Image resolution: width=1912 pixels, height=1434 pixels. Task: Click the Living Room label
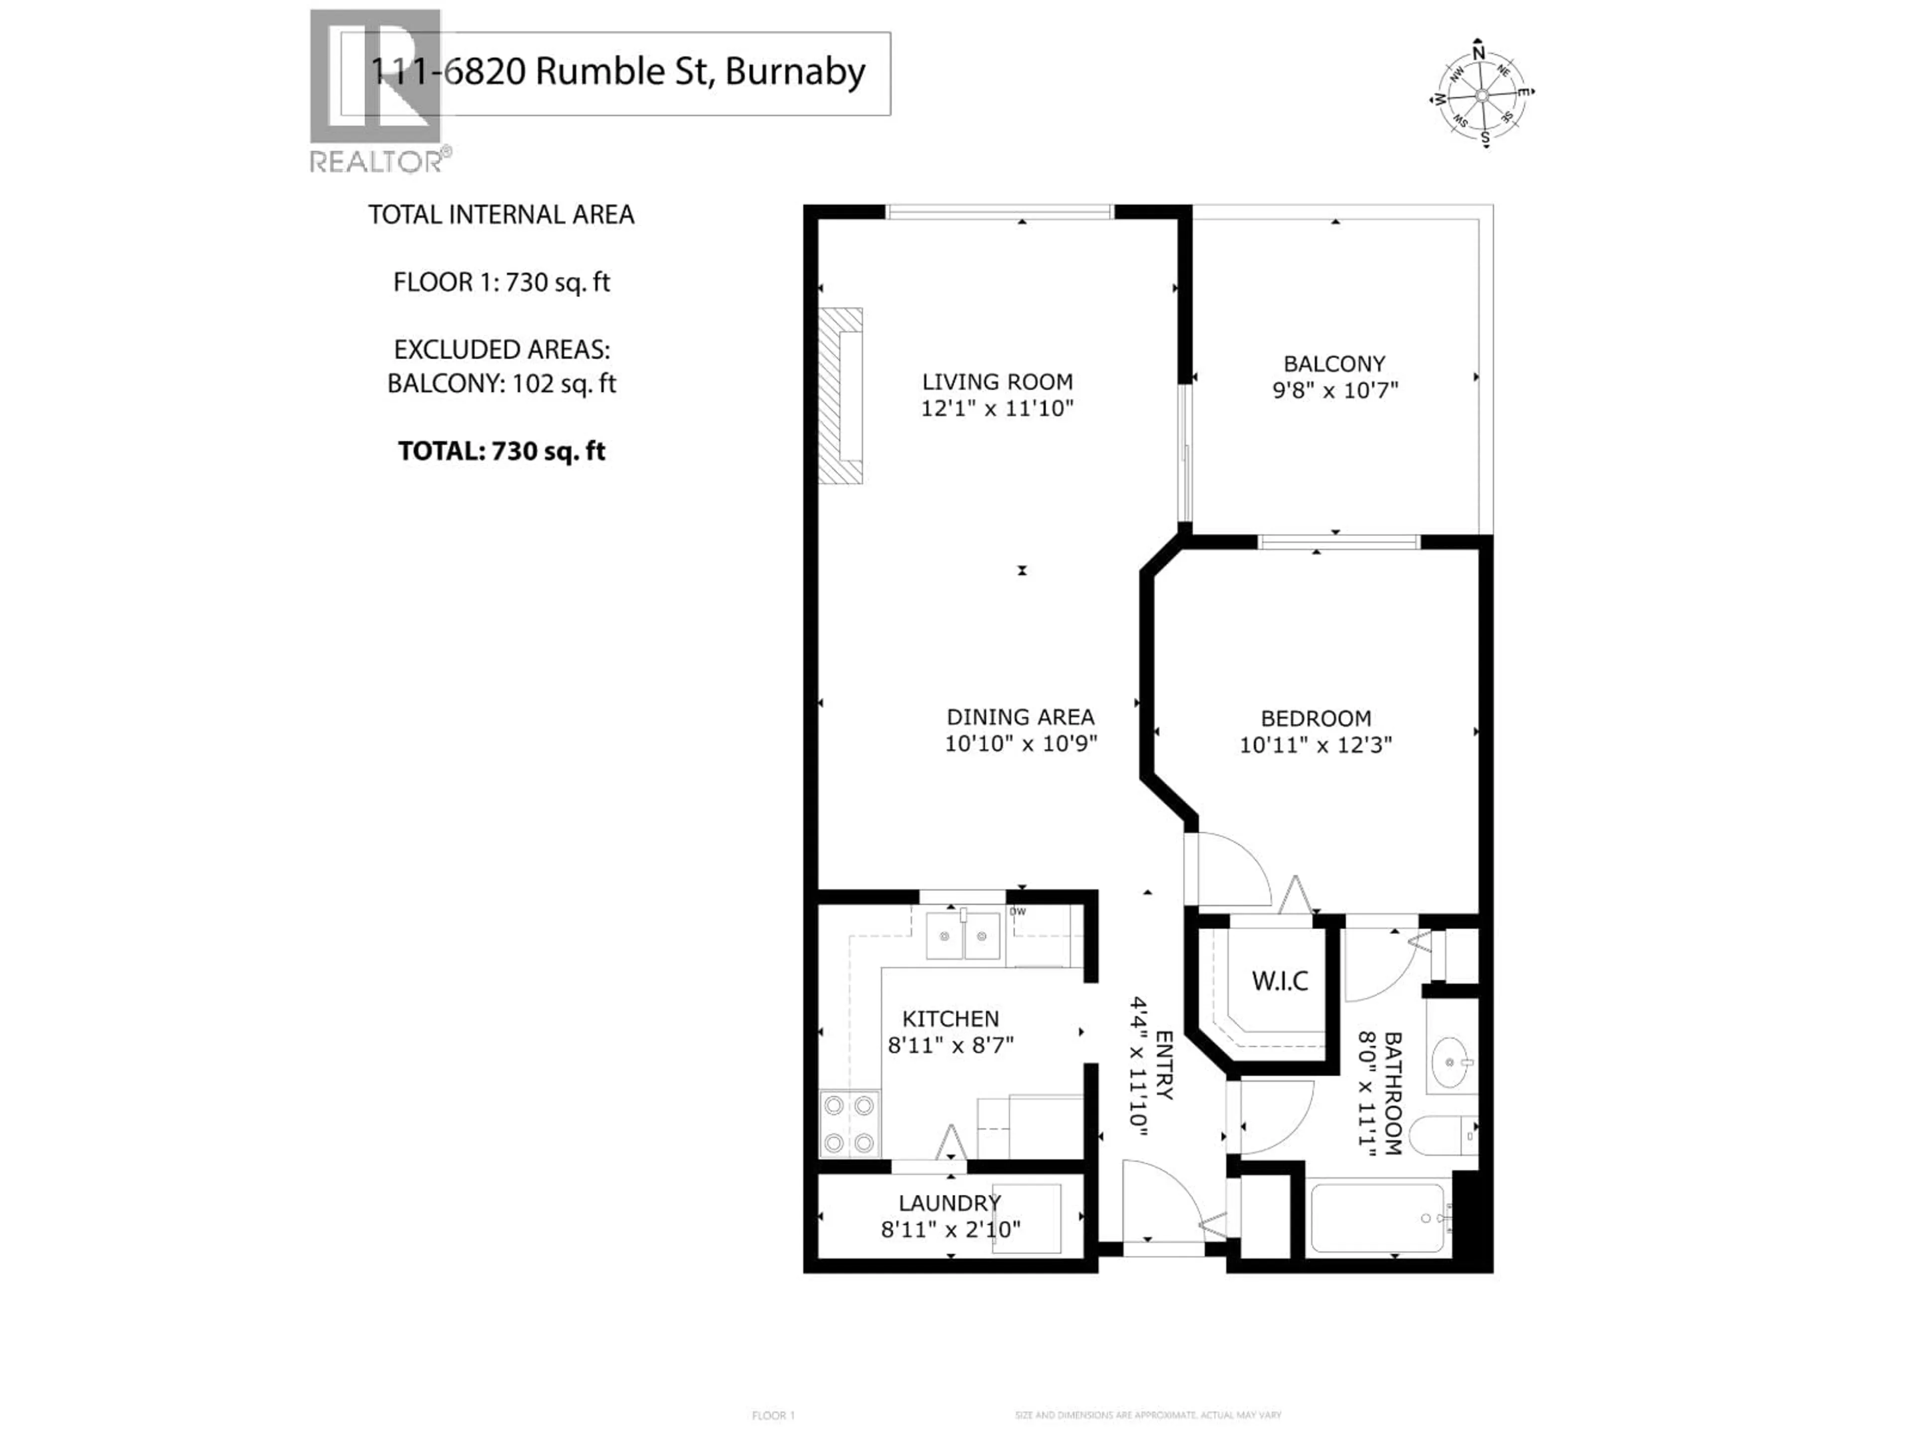pos(997,381)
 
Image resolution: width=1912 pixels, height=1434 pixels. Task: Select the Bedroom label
pos(1315,717)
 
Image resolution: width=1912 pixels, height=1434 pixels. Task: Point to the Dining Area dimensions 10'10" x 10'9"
pos(1021,743)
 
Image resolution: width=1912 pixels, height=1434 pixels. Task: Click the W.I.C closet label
pos(1279,981)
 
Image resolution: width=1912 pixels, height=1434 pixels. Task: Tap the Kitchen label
pos(951,1018)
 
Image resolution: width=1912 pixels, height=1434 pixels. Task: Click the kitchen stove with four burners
pos(849,1124)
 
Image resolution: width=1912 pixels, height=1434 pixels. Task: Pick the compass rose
pos(1481,93)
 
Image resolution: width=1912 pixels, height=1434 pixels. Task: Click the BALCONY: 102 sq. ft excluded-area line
pos(501,383)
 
